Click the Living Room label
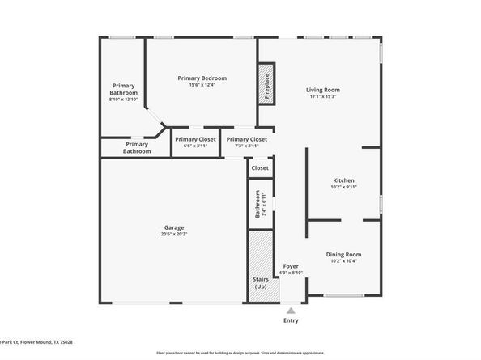point(322,90)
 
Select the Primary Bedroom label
point(202,78)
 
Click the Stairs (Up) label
point(260,282)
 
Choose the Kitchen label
point(344,180)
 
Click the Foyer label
point(290,266)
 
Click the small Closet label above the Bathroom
point(260,168)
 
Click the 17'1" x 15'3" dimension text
point(322,97)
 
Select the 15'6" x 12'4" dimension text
point(202,85)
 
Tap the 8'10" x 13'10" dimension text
point(124,100)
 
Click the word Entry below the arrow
point(290,321)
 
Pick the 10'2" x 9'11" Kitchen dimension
point(344,188)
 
